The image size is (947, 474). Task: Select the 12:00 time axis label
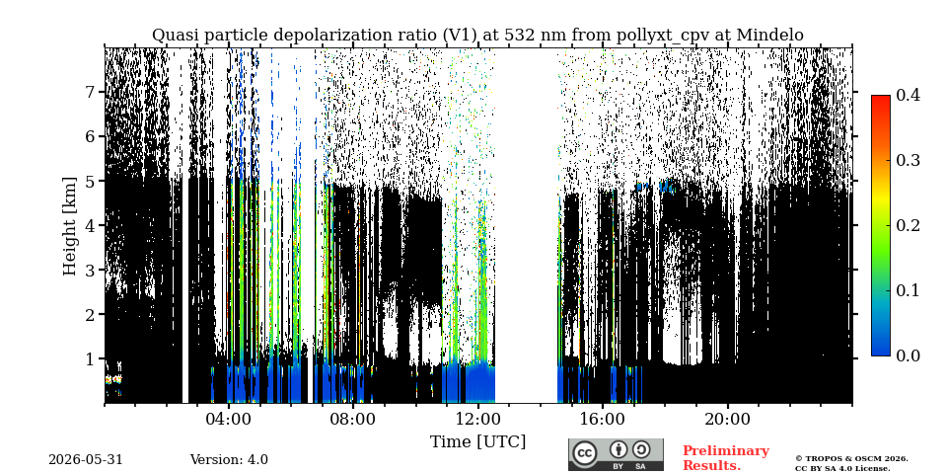pos(477,419)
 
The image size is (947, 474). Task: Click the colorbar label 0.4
pos(908,95)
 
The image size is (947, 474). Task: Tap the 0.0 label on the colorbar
pos(908,355)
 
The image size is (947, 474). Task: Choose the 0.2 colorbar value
pos(908,225)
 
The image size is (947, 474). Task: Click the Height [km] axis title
pos(71,226)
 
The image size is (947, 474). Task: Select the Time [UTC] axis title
pos(477,441)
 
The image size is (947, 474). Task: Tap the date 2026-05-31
pos(86,459)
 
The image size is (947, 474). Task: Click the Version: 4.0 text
pos(229,459)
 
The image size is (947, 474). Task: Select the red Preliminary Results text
pos(726,457)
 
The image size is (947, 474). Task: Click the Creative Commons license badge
pos(616,454)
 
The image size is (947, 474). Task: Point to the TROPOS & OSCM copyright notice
pos(851,463)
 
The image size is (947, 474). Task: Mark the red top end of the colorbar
pos(881,97)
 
